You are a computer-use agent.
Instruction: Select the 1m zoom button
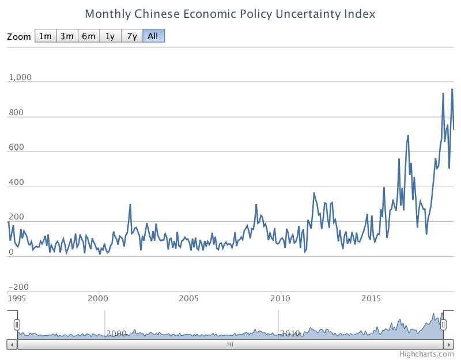point(45,36)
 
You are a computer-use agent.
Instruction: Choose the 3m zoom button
point(67,36)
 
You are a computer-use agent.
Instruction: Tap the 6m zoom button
point(88,36)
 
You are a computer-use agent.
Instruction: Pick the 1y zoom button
point(109,36)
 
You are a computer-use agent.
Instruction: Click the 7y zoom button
point(131,36)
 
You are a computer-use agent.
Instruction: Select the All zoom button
point(153,36)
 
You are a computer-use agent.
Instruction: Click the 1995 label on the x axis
point(16,298)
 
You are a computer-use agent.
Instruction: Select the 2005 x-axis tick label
point(189,298)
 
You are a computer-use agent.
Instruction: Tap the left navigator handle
point(17,324)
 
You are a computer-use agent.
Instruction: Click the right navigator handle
point(444,324)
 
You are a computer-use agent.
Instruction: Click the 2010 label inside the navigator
point(290,334)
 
